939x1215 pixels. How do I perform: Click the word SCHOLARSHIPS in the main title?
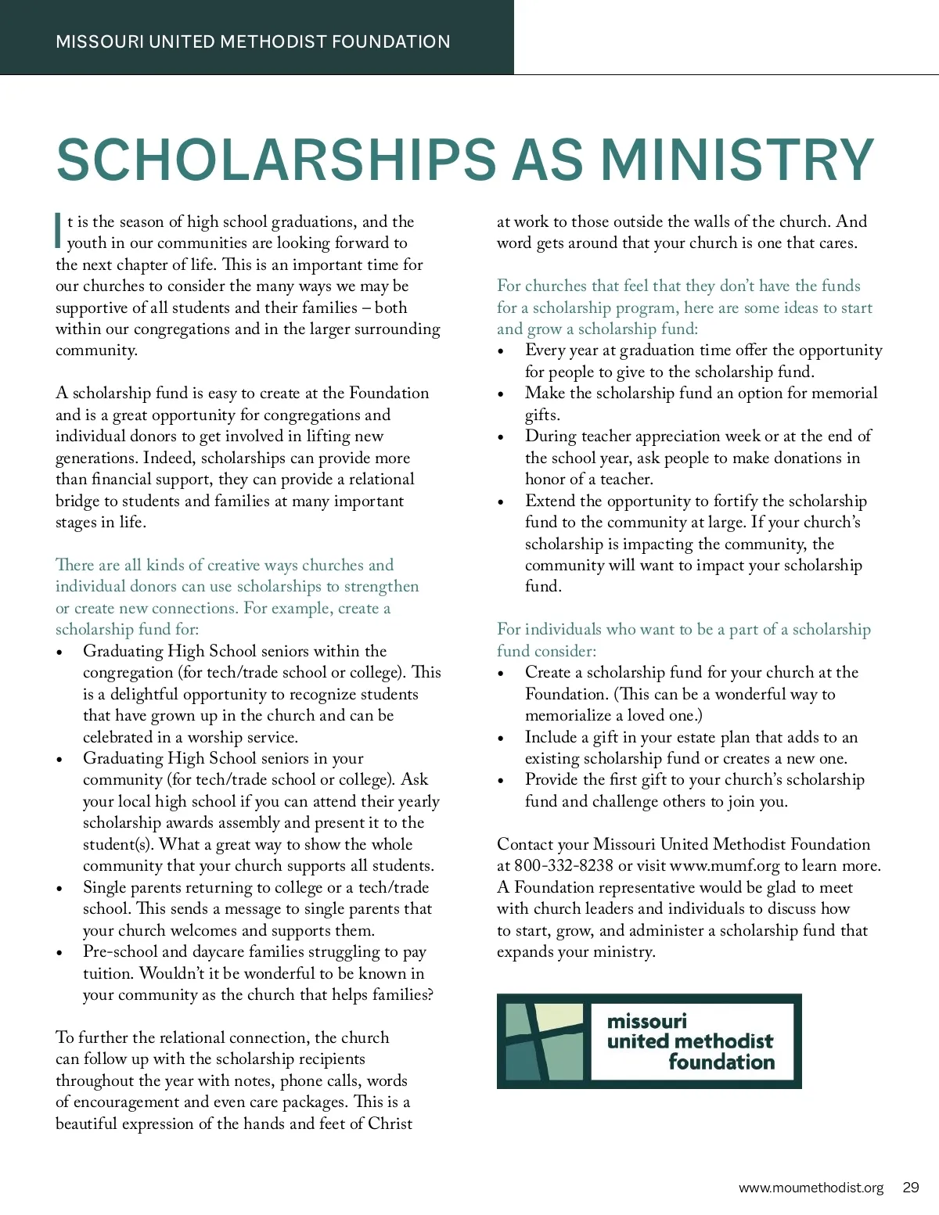click(x=276, y=160)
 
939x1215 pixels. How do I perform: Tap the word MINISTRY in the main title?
click(x=736, y=160)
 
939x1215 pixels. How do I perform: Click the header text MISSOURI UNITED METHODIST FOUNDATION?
click(x=253, y=41)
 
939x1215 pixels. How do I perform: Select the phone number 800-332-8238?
click(x=563, y=866)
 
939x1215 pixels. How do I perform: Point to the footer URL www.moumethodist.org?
click(x=811, y=1188)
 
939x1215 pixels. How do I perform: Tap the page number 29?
click(x=911, y=1188)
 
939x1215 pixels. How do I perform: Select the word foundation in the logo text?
click(x=721, y=1062)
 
